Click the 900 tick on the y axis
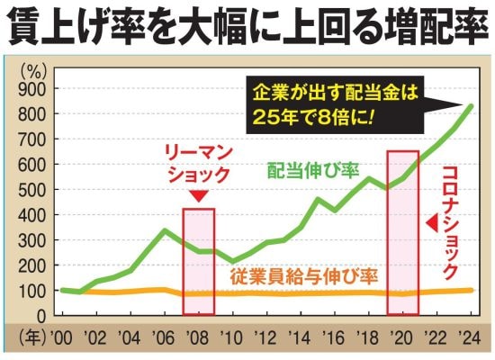tap(34, 89)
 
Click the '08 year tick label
tap(198, 340)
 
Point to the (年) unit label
tap(31, 340)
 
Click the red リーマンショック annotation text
tap(199, 164)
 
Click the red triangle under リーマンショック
tap(199, 195)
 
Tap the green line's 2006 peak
tap(164, 230)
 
